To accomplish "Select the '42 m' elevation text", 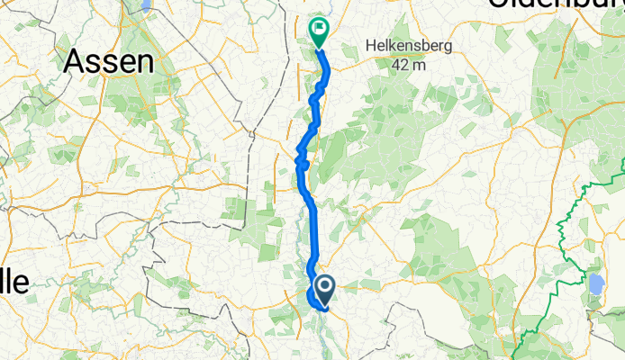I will [408, 64].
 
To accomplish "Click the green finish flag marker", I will [319, 31].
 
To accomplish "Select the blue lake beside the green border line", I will [596, 285].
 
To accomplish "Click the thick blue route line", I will [314, 225].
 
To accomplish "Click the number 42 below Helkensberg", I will [401, 64].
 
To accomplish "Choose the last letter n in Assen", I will [145, 61].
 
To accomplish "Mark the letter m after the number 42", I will [419, 65].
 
